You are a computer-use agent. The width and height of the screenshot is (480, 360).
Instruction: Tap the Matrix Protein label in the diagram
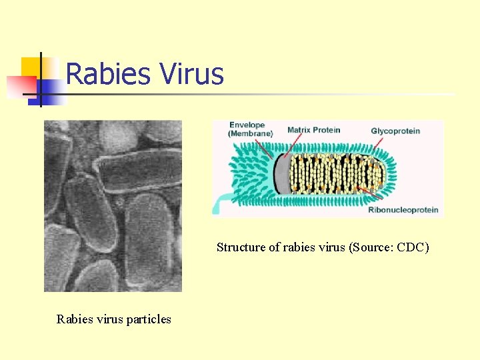pyautogui.click(x=313, y=129)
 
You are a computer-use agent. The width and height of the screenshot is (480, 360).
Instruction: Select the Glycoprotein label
pyautogui.click(x=395, y=131)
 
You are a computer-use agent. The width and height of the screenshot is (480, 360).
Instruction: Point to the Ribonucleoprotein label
pyautogui.click(x=403, y=210)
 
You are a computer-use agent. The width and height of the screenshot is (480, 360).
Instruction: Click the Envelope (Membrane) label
pyautogui.click(x=250, y=129)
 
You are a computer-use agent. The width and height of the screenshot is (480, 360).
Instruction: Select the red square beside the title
pyautogui.click(x=20, y=87)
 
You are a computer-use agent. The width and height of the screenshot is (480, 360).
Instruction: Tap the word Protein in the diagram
pyautogui.click(x=326, y=129)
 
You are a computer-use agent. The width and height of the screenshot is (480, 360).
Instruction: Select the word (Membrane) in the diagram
pyautogui.click(x=250, y=134)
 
